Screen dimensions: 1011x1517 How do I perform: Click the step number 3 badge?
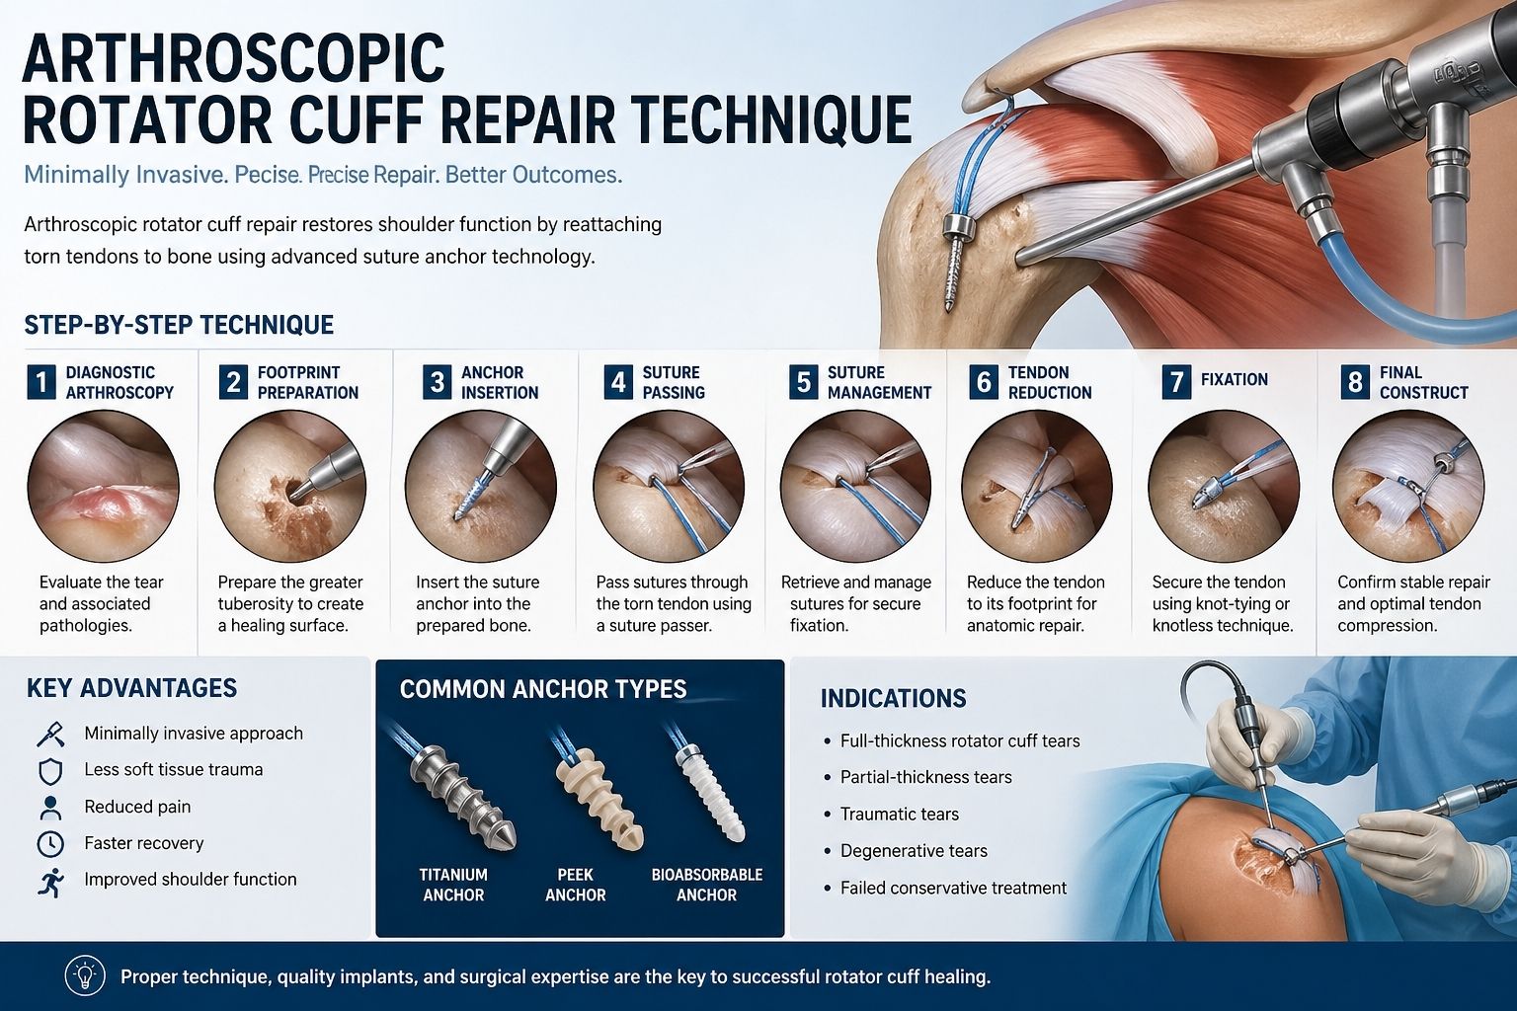pos(437,382)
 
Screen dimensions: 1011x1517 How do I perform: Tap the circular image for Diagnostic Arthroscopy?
pos(103,487)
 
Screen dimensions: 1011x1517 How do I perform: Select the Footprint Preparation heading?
pos(307,382)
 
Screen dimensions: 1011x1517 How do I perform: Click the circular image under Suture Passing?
pos(668,487)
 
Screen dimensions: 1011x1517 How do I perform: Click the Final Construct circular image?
pos(1407,487)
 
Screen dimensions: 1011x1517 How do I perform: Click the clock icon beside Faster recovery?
pos(49,844)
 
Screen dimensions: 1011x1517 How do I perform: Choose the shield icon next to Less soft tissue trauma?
pos(49,771)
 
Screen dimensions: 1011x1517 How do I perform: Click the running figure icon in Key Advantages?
pos(49,882)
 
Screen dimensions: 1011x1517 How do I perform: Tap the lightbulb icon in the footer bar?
pos(85,976)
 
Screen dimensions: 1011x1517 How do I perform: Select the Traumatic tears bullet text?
pos(899,815)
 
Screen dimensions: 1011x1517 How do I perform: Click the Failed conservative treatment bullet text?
pos(952,889)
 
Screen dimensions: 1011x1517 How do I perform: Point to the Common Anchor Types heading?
pos(542,689)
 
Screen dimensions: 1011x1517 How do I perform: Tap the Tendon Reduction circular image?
pos(1036,487)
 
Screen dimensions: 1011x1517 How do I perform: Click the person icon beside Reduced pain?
pos(49,808)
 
